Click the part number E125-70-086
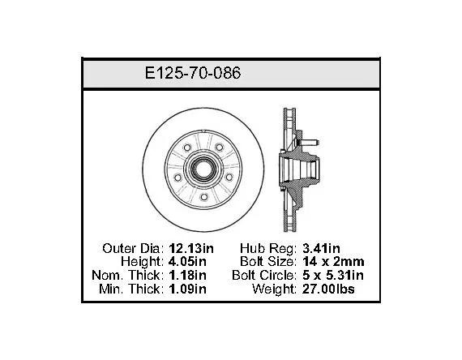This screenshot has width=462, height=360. tap(193, 73)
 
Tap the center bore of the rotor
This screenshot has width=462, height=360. tap(203, 169)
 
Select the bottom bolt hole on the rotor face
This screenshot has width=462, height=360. tap(203, 197)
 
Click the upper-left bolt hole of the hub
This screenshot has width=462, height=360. tap(187, 148)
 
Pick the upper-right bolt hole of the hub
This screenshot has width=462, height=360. tap(219, 147)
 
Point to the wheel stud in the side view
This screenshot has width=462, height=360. tap(309, 143)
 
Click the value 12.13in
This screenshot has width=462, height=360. tap(191, 248)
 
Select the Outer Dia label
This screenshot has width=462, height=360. tap(133, 248)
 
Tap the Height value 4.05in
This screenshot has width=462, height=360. tap(188, 262)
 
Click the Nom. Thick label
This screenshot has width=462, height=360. tap(127, 276)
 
